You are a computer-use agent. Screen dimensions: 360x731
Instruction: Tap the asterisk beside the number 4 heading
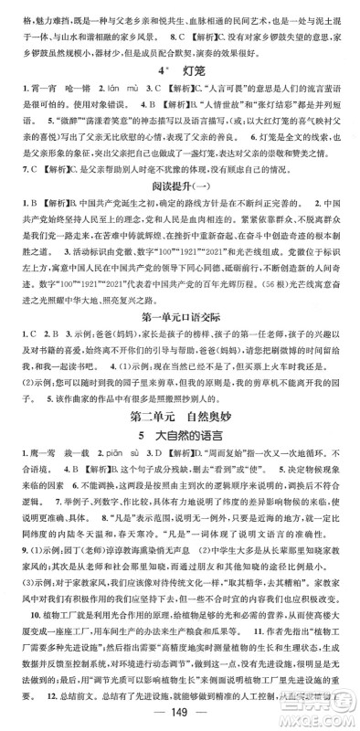(165, 64)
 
